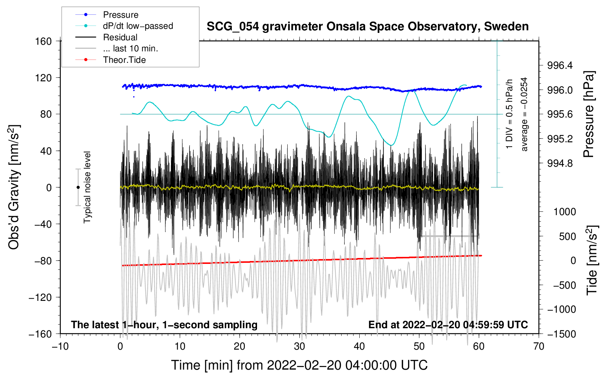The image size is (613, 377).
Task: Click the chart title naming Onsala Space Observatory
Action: [367, 27]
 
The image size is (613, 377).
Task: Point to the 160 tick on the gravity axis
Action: [44, 41]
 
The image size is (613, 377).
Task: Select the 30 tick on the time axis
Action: [299, 346]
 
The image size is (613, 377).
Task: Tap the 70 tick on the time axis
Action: [539, 346]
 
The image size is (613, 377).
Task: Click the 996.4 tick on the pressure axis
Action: [560, 66]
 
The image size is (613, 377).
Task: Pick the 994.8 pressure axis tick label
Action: [560, 163]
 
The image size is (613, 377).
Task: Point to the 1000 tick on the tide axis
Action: [565, 212]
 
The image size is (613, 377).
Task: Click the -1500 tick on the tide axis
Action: [562, 334]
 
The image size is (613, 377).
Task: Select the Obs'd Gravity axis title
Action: [14, 187]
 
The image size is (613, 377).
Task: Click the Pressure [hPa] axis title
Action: [589, 115]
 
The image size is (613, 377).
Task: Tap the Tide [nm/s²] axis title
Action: [592, 260]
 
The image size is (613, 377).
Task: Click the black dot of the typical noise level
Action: [78, 187]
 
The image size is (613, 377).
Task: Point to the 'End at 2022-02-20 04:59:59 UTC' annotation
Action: [448, 325]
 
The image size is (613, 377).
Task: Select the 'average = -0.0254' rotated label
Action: [524, 114]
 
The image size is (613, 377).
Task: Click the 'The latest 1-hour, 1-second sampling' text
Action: [164, 325]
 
